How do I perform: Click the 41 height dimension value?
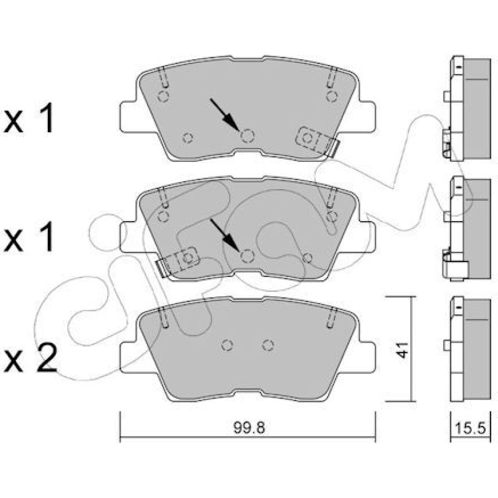coord(402,350)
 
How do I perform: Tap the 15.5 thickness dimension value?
coord(471,428)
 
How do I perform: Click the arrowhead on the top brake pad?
coord(231,123)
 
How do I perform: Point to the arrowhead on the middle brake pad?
coord(231,243)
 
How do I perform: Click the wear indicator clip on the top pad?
coord(317,141)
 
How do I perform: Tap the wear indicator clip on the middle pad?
coord(178,261)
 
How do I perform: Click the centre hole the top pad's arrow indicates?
coord(248,136)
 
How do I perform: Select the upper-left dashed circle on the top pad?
coord(163,96)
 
